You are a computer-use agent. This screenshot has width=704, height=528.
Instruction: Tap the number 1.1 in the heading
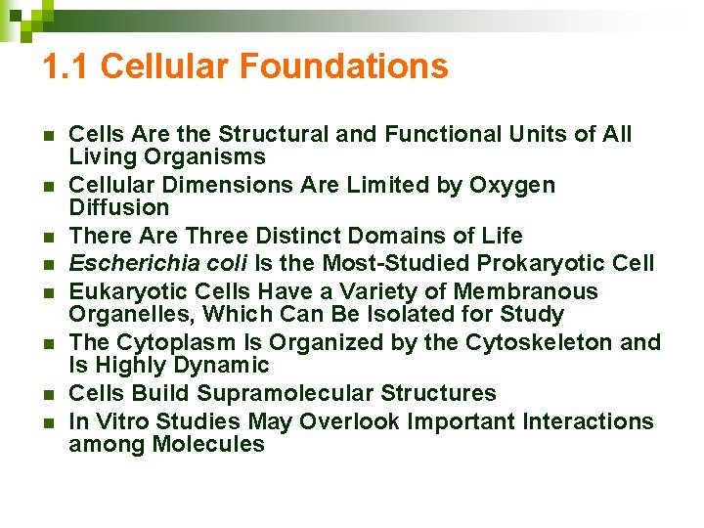pyautogui.click(x=66, y=66)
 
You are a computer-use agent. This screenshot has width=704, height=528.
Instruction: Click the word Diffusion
pyautogui.click(x=119, y=207)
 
